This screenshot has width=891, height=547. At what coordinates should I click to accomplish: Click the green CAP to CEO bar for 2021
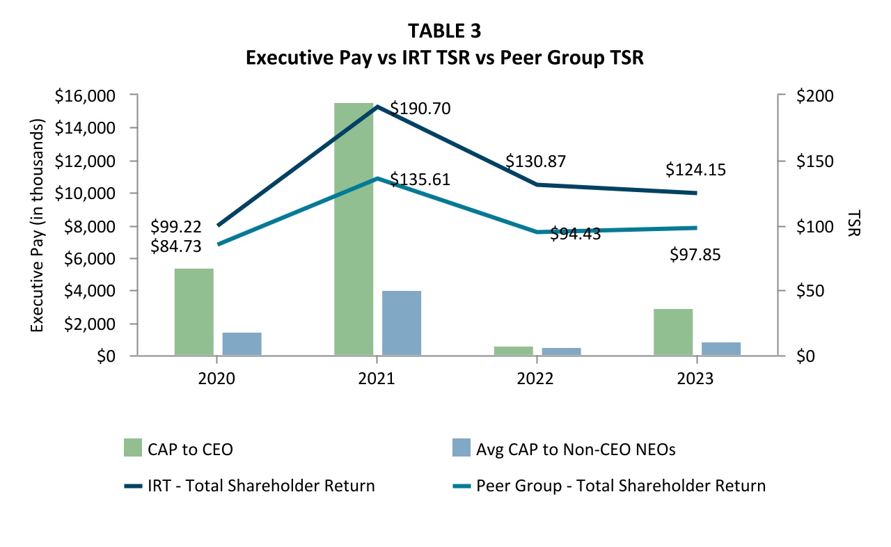click(x=354, y=230)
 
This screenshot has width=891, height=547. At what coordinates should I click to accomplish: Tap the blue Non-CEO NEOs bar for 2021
click(x=402, y=323)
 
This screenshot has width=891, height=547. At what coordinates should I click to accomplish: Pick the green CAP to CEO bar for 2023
click(x=673, y=332)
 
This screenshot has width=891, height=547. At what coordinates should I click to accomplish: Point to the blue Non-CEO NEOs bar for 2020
click(x=242, y=344)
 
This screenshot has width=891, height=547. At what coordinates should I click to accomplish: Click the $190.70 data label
click(x=420, y=109)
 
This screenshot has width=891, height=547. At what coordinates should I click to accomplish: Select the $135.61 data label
click(x=420, y=180)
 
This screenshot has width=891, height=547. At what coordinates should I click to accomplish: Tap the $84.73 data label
click(x=176, y=246)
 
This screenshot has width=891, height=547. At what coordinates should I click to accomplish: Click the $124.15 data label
click(x=696, y=169)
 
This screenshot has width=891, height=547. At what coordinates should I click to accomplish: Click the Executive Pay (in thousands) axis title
click(x=38, y=225)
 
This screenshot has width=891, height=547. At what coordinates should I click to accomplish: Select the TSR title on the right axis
click(x=853, y=225)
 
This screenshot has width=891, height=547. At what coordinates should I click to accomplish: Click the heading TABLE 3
click(x=445, y=31)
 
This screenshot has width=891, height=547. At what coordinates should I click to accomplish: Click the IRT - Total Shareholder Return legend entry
click(x=249, y=486)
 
